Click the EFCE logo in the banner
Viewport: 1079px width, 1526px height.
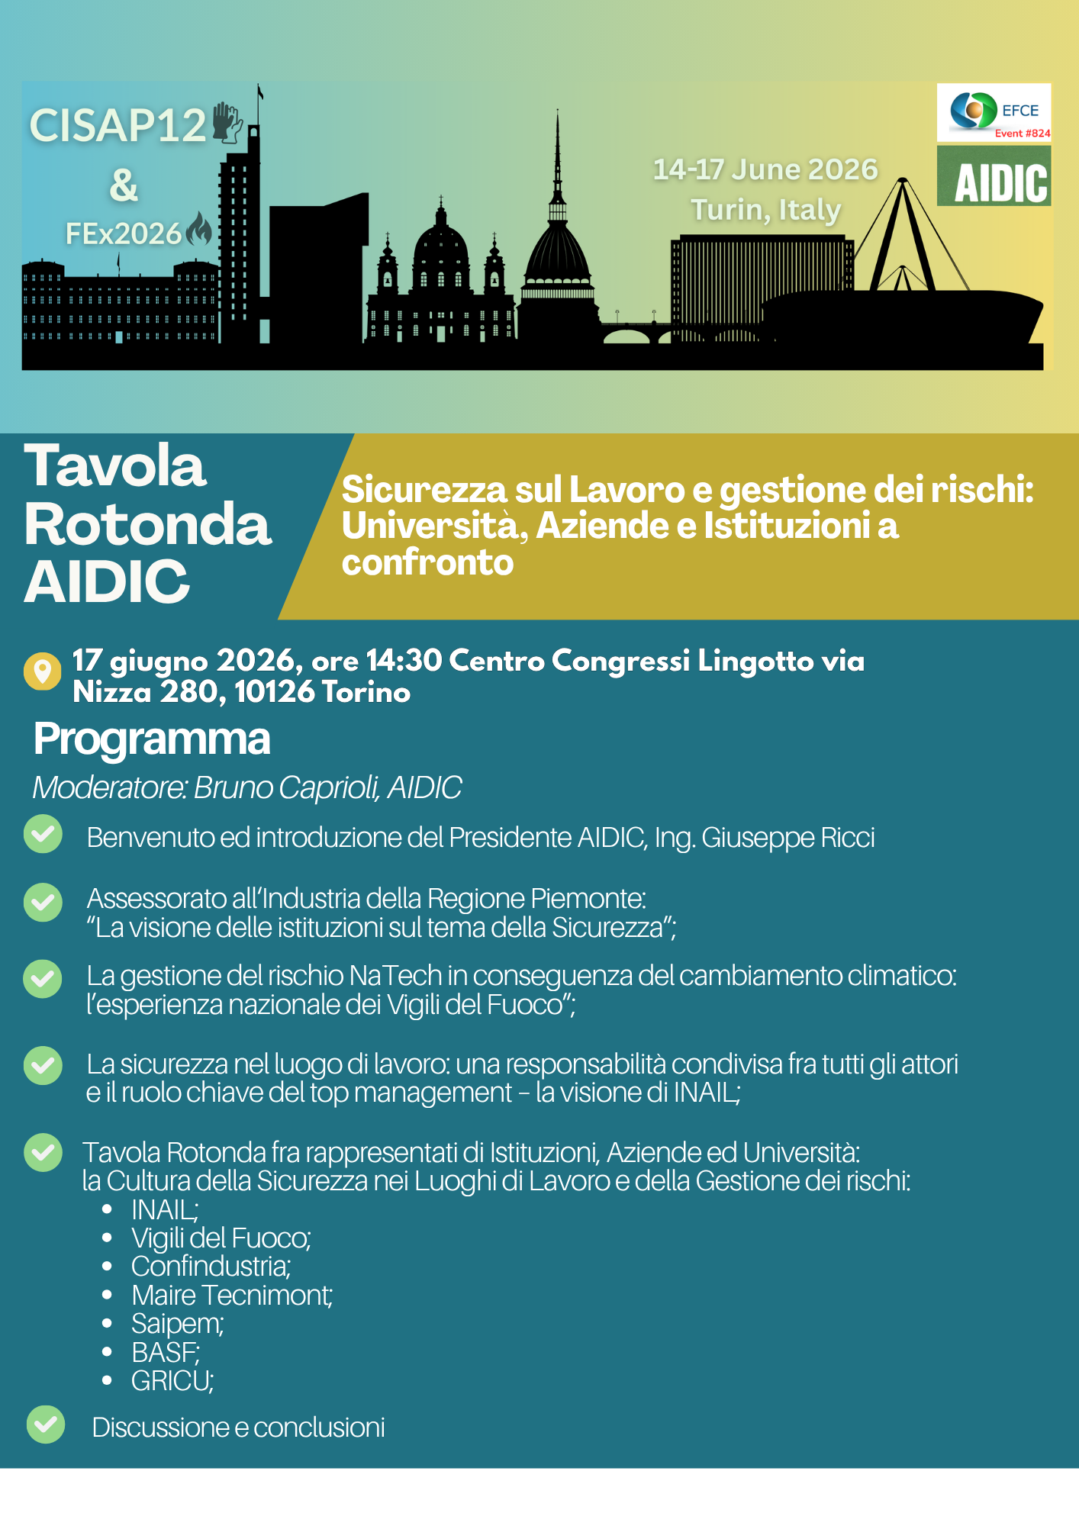[x=993, y=112]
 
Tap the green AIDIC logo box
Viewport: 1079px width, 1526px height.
[x=994, y=177]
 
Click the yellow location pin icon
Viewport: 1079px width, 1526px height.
[x=43, y=671]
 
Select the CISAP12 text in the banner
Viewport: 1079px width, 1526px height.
[x=118, y=126]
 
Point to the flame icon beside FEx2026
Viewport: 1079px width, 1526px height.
[x=199, y=229]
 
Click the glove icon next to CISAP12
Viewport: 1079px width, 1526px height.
[x=227, y=123]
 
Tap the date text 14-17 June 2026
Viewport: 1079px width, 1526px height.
[x=765, y=169]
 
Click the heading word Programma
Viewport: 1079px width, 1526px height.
[x=152, y=739]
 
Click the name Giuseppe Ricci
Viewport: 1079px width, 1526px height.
[x=788, y=838]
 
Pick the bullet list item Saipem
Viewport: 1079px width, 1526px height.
[x=177, y=1324]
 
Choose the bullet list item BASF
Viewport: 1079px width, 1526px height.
[x=165, y=1352]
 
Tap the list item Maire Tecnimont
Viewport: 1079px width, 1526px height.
[x=231, y=1295]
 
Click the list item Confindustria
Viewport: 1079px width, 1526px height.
[x=211, y=1267]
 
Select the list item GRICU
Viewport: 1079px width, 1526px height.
[x=172, y=1381]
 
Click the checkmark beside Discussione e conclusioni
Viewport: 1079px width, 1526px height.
[x=46, y=1425]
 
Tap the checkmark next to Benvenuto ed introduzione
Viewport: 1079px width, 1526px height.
[x=43, y=834]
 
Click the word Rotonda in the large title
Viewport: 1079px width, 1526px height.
[x=148, y=525]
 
